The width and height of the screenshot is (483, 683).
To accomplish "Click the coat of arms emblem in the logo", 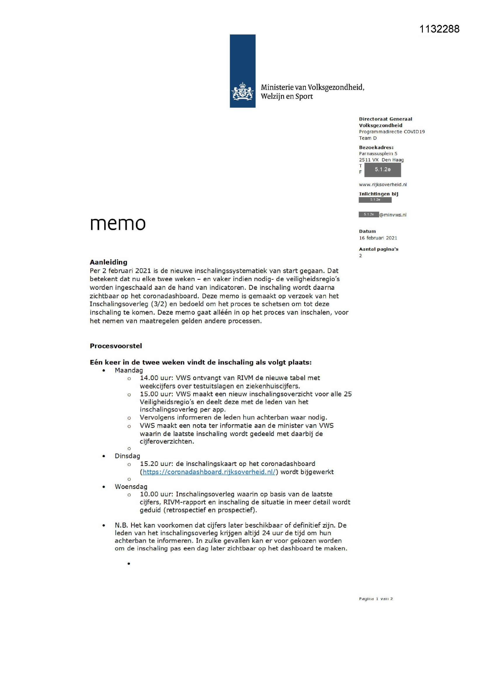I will (242, 91).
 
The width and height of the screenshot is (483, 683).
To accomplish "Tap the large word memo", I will (118, 223).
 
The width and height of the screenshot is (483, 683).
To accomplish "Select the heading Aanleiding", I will (109, 262).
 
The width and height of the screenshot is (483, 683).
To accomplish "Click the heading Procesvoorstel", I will (116, 346).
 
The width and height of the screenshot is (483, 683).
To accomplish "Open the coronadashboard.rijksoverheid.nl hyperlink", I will (209, 472).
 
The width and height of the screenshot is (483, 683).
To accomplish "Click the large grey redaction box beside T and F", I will (383, 169).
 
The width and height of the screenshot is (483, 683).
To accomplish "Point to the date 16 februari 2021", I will (378, 238).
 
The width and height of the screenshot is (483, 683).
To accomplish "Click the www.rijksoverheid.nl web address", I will (383, 184).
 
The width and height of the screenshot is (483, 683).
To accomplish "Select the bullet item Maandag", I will (129, 370).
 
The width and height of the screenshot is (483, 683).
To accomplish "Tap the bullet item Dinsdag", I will (127, 456).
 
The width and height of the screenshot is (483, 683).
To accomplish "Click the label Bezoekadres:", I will (376, 147).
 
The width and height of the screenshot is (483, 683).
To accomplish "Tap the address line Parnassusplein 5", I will (378, 153).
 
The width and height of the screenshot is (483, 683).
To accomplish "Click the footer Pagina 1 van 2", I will (376, 599).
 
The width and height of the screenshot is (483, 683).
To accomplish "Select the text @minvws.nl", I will (392, 215).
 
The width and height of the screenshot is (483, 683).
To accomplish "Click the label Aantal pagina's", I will (378, 249).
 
